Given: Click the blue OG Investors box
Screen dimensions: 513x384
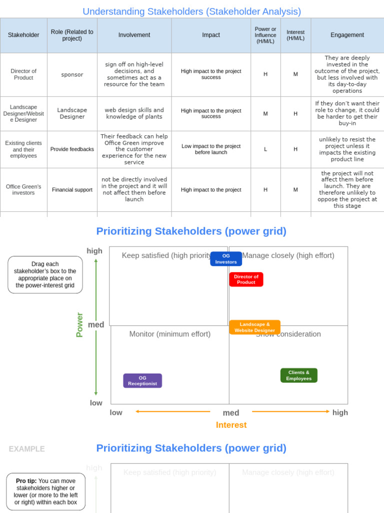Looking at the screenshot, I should [226, 259].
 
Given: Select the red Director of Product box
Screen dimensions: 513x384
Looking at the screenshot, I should [246, 279].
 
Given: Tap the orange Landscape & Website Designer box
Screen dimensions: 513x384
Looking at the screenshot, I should [254, 327].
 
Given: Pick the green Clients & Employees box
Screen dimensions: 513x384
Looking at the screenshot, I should [298, 375].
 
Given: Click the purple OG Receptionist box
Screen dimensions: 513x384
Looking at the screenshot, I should [142, 381].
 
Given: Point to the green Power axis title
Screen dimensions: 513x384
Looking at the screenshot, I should [79, 325].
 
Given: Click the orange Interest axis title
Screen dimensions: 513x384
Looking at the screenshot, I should [231, 425].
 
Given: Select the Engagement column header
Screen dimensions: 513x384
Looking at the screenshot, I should [347, 35].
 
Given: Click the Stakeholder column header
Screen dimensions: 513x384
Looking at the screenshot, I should [23, 35].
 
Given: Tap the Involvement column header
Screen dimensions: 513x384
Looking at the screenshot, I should [134, 35].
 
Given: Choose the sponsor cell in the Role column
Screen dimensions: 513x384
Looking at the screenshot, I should [72, 75].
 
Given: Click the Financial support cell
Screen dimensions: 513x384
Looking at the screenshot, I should [72, 190].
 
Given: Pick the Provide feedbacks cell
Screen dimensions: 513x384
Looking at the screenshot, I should [72, 149].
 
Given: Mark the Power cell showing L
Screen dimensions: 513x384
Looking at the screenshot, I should [265, 149].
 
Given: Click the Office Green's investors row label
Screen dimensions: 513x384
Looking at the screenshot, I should [23, 190].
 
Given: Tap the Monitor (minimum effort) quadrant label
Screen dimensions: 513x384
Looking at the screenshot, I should [170, 334].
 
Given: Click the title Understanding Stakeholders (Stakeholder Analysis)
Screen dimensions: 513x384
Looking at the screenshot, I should [191, 12].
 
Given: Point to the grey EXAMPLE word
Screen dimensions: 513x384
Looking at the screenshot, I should [26, 449].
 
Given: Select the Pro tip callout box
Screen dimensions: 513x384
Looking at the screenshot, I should [45, 491].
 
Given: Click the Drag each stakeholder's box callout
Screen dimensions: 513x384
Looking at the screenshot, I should [45, 275].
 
